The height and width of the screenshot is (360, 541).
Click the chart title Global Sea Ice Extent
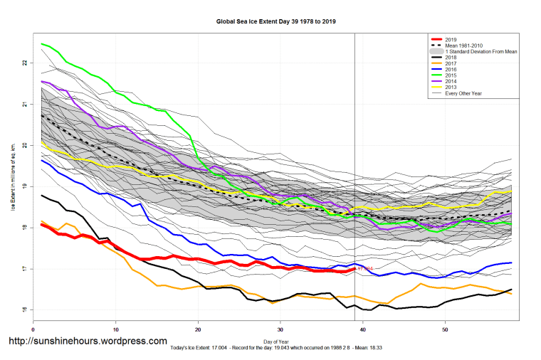[x=275, y=22]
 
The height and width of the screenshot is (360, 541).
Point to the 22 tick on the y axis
[x=25, y=63]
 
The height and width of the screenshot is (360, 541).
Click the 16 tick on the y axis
[x=25, y=310]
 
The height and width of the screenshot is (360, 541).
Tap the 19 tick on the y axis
[x=25, y=186]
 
